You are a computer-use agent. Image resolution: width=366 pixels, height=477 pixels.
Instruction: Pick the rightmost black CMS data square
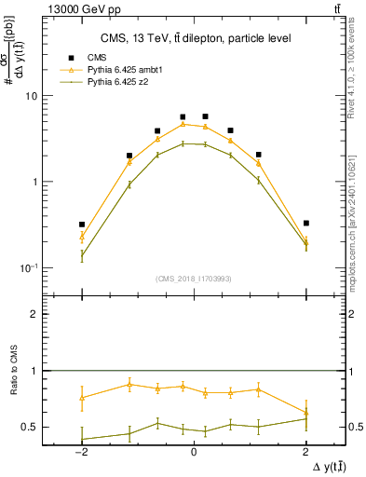pyautogui.click(x=305, y=224)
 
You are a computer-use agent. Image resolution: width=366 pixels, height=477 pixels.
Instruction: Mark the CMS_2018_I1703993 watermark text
pyautogui.click(x=194, y=279)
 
